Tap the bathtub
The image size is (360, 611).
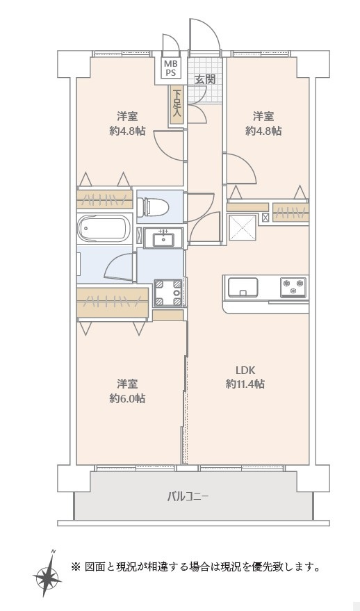pyautogui.click(x=104, y=229)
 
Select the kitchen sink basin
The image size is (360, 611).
pyautogui.click(x=243, y=287)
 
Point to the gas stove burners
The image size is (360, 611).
pyautogui.click(x=294, y=287)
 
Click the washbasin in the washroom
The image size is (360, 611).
pyautogui.click(x=163, y=238)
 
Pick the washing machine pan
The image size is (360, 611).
pyautogui.click(x=168, y=292)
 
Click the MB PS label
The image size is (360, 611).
pyautogui.click(x=170, y=68)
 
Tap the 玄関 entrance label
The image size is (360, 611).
pyautogui.click(x=205, y=79)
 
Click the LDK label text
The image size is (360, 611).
pyautogui.click(x=245, y=369)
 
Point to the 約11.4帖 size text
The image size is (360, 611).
pyautogui.click(x=245, y=384)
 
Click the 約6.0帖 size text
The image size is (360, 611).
pyautogui.click(x=127, y=398)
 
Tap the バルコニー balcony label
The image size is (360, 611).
pyautogui.click(x=188, y=496)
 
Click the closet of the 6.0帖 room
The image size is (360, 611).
pyautogui.click(x=113, y=302)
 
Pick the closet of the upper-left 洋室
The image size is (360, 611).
pyautogui.click(x=104, y=199)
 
